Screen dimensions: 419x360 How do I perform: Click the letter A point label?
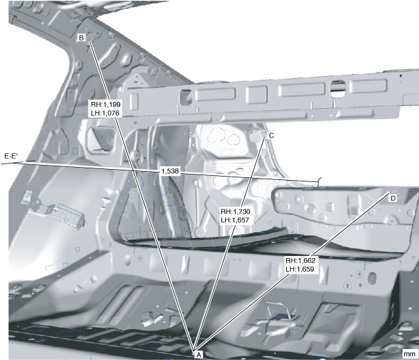[199, 354]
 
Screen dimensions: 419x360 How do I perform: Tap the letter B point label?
[81, 38]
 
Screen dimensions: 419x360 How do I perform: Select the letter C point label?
[271, 136]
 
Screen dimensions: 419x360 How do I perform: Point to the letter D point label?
[392, 198]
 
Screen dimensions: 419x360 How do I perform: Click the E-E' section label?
[11, 156]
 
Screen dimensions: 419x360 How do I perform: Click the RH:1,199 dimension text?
[105, 105]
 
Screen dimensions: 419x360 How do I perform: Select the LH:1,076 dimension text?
[105, 114]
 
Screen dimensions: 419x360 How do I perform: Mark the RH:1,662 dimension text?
[300, 260]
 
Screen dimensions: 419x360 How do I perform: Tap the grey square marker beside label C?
[258, 137]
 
